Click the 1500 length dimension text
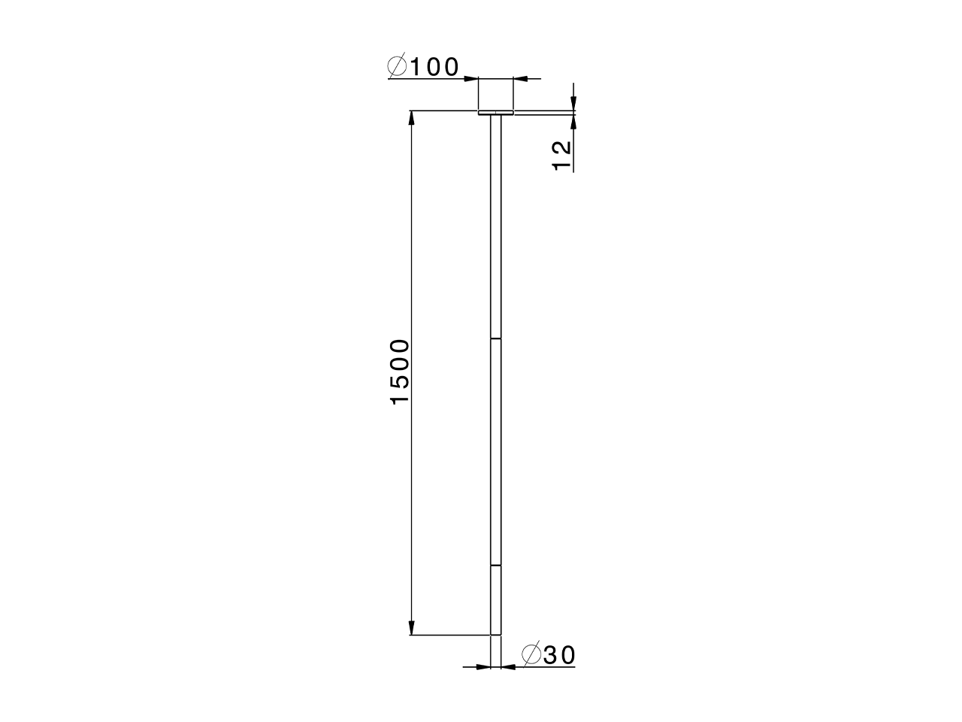pos(400,372)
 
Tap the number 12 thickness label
pos(562,156)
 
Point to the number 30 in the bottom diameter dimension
pos(558,656)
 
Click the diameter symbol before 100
pos(398,68)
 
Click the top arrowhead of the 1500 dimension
pos(411,118)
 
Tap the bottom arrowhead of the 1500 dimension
pos(411,629)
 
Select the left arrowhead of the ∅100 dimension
pos(472,77)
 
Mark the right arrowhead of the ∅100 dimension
pos(520,77)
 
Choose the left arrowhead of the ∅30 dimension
pos(484,666)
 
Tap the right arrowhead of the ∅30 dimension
pos(507,666)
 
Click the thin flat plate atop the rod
pos(496,113)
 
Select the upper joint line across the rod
pos(496,339)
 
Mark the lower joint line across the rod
pos(496,565)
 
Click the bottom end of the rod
pos(496,634)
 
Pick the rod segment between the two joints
pos(496,451)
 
